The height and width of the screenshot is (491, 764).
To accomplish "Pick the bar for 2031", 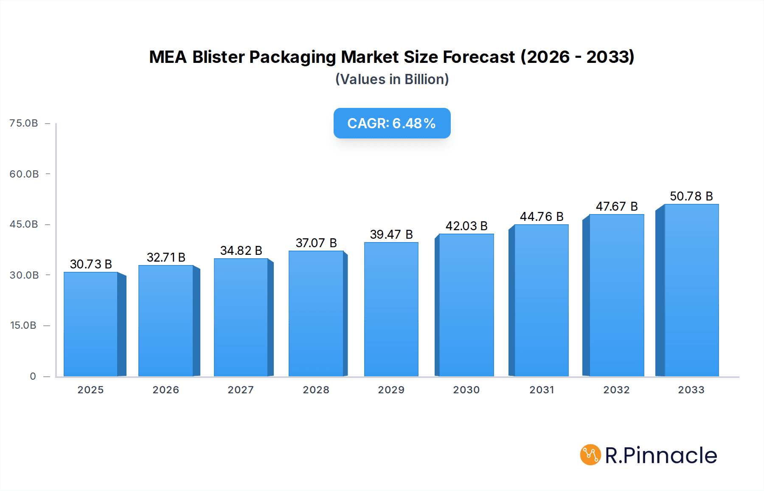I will (541, 300).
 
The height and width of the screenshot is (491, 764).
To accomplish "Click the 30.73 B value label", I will (91, 264).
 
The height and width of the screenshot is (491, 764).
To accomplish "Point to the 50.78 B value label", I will (691, 196).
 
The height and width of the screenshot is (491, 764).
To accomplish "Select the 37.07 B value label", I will (316, 243).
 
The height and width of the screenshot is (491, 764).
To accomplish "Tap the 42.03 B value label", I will (466, 226).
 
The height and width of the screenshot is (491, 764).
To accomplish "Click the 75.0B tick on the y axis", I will (24, 123).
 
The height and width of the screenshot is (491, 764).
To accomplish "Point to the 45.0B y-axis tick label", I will (24, 224).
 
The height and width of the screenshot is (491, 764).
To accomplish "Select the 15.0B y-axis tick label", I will (23, 325).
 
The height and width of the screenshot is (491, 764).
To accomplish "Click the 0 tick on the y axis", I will (33, 376).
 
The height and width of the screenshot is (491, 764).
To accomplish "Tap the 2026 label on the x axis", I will (166, 390).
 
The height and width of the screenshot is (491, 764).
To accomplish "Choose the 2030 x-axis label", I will (466, 390).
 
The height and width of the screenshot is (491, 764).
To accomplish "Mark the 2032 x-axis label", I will (617, 390).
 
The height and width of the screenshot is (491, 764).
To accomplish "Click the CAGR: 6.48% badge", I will (392, 123).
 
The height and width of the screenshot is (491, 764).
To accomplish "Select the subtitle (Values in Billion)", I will (392, 79).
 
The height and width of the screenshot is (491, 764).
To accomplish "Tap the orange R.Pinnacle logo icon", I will (590, 455).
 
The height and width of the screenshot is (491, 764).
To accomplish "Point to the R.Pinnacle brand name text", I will (661, 455).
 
